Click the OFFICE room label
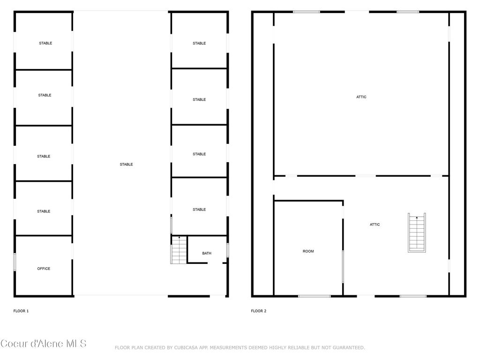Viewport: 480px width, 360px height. pos(44,269)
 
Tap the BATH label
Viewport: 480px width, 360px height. pos(207,253)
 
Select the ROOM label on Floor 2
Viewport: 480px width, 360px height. pos(308,251)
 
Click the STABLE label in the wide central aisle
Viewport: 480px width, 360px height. pos(126,165)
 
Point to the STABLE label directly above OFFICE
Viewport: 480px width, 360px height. pos(44,211)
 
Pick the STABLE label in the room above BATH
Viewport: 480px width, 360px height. pos(199,210)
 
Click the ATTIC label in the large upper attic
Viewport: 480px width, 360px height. pos(361,97)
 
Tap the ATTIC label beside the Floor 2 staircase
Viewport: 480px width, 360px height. pos(375,225)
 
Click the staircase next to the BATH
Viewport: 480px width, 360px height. pos(179,250)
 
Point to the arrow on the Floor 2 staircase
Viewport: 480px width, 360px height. pos(417,218)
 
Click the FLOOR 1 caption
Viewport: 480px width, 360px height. pos(21,311)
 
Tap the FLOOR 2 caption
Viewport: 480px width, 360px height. pos(258,311)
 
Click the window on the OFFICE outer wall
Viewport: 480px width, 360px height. pos(15,262)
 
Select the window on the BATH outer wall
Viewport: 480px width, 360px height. pos(227,250)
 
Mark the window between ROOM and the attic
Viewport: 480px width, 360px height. pos(343,266)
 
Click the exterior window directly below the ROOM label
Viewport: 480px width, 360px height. pos(314,296)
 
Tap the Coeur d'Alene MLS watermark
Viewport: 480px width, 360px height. pos(44,344)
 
